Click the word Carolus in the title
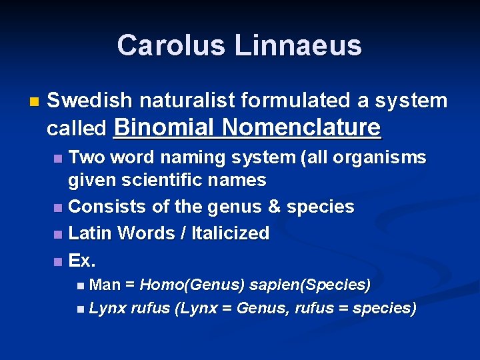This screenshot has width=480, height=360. point(171,45)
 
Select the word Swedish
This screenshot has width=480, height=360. point(89,101)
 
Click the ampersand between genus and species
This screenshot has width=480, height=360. point(274,207)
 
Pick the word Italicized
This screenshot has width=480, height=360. point(230,233)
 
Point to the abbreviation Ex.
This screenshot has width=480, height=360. point(82,260)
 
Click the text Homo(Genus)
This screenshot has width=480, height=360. point(192,285)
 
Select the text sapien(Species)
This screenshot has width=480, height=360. point(310,285)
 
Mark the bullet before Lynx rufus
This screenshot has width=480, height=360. point(81,309)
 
